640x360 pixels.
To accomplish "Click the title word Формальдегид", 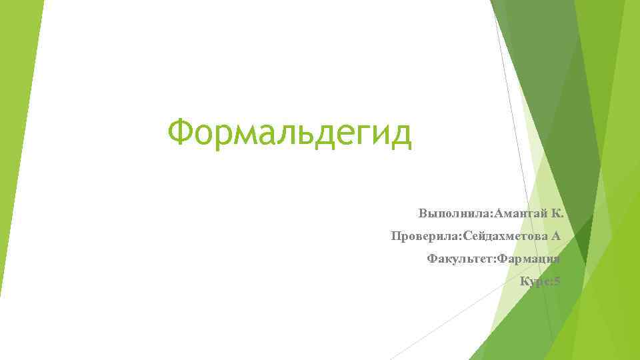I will (x=290, y=133).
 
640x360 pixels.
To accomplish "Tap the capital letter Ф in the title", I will (x=181, y=133).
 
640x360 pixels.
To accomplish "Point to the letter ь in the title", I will (x=303, y=134).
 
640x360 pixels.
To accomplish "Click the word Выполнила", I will (x=453, y=214).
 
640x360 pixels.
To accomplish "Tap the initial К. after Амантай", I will (x=558, y=214).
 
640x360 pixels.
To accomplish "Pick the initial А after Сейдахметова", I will (x=556, y=236).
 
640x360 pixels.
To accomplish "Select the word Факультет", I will (x=458, y=259).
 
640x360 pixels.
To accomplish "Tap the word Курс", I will (x=535, y=281).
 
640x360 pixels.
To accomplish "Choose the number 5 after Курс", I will (x=557, y=281).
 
